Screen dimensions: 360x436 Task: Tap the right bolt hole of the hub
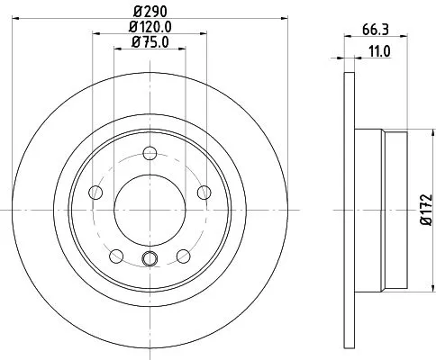(x=203, y=191)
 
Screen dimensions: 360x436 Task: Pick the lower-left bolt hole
(x=118, y=253)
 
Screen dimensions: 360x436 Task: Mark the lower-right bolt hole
(x=183, y=253)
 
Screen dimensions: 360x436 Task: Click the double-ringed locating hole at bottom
(x=150, y=261)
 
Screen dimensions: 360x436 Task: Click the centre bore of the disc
(x=150, y=208)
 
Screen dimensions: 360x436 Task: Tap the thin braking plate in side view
(x=349, y=208)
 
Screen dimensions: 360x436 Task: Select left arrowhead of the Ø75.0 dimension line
(x=114, y=49)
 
